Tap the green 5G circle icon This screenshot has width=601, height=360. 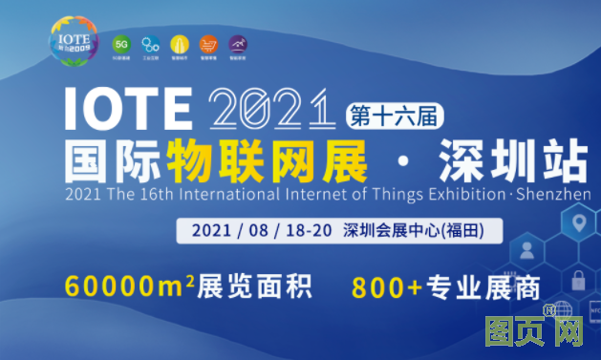coord(121,44)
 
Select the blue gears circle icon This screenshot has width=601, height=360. coord(150,44)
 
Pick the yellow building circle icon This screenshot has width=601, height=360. coord(179,44)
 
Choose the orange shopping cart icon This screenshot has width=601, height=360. coord(207,44)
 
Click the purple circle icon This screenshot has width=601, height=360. coord(236,44)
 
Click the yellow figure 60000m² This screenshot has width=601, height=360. coord(129,286)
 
